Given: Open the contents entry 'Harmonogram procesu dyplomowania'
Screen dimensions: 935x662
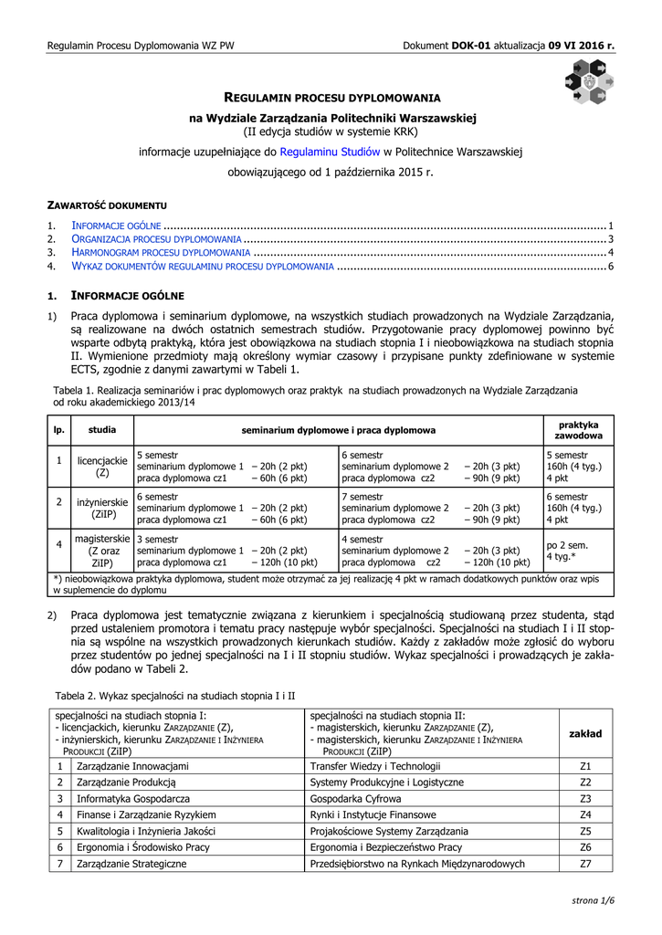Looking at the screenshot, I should (161, 252).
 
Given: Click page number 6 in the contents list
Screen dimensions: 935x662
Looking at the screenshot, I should (610, 266).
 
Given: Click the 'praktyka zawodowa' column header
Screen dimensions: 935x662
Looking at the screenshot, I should (578, 430).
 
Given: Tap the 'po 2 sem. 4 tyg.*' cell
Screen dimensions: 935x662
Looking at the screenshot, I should (566, 550).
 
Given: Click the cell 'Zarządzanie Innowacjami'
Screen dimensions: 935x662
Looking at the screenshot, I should (132, 766).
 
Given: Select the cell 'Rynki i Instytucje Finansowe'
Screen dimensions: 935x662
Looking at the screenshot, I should (374, 814).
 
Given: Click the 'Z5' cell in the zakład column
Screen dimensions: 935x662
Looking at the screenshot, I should (585, 831).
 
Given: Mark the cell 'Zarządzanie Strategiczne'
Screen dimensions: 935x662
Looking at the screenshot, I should (131, 864).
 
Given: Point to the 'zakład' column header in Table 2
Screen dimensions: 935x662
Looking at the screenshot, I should (585, 733).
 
